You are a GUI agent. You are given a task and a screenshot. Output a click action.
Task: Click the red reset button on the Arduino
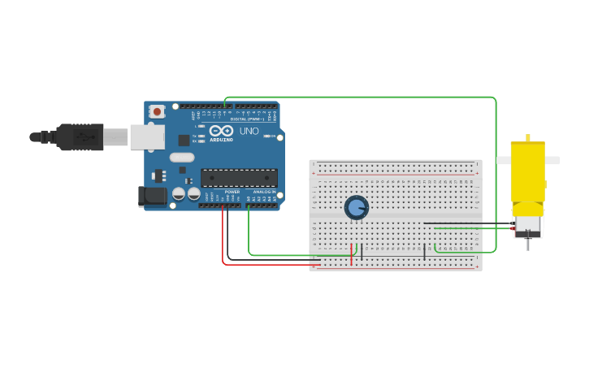157,110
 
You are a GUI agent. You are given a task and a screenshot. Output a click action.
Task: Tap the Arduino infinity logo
221,131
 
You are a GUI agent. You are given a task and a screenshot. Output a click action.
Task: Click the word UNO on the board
249,131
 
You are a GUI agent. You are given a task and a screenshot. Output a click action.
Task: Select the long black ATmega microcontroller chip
239,178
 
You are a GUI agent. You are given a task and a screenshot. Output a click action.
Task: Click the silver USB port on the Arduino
147,137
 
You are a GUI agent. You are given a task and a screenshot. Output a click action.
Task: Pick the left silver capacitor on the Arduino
179,193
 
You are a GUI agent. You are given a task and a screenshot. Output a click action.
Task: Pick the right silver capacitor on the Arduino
194,193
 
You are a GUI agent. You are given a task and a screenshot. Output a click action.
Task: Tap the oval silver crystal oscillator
182,157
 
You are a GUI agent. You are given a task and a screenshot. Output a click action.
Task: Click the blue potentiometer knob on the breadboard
356,207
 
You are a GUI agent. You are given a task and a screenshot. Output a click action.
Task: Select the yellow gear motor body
527,171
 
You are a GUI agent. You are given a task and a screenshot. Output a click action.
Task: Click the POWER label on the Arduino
232,192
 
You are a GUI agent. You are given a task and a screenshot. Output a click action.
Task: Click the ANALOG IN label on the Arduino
264,192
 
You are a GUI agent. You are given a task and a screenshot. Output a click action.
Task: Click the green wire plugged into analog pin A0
249,236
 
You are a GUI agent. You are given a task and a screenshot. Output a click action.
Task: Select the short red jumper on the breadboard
352,254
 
